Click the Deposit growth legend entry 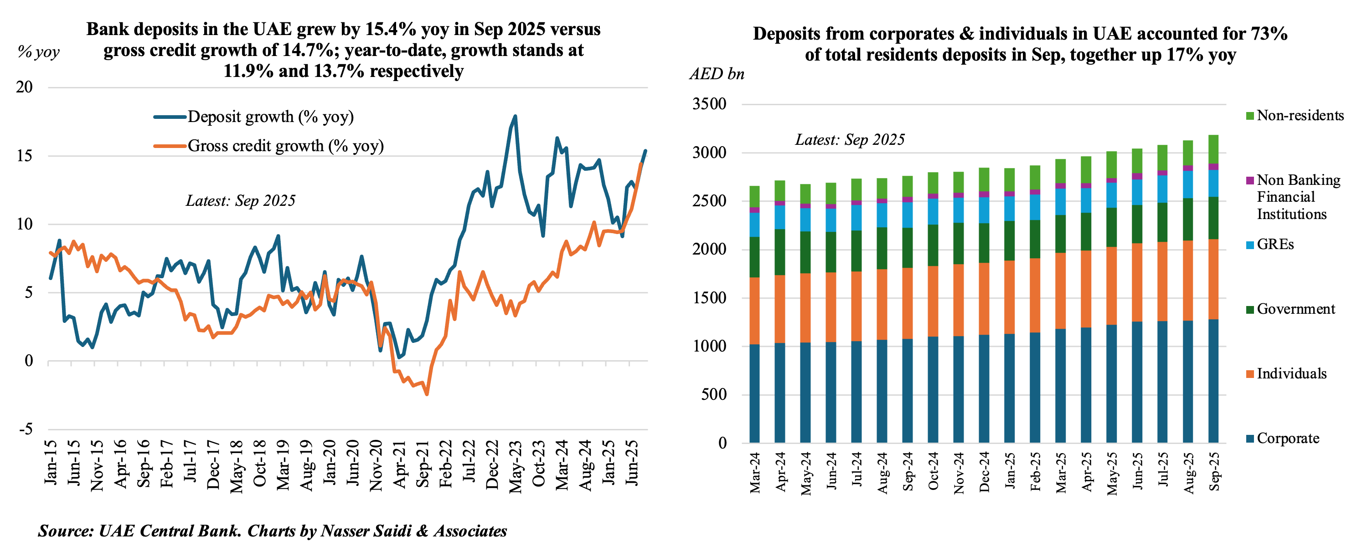coord(270,117)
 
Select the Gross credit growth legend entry coord(285,146)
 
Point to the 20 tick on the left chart coord(24,87)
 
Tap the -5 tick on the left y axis coord(26,429)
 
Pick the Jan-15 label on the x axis coord(51,462)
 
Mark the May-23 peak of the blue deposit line coord(516,116)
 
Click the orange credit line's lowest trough coord(427,394)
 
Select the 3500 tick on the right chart coord(710,104)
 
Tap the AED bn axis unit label coord(717,74)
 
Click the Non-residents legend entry coord(1300,116)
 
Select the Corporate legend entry coord(1287,439)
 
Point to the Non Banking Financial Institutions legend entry coord(1298,197)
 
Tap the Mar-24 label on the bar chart coord(754,472)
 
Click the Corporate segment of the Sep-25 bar coord(1213,380)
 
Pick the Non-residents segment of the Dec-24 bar coord(984,179)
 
